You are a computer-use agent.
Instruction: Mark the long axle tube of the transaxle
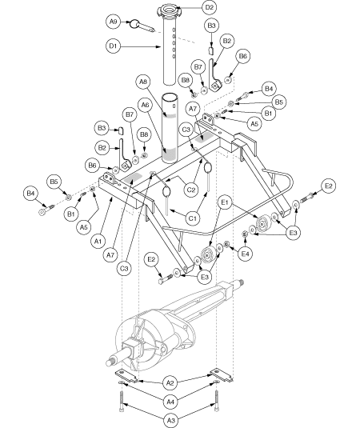pyautogui.click(x=212, y=300)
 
